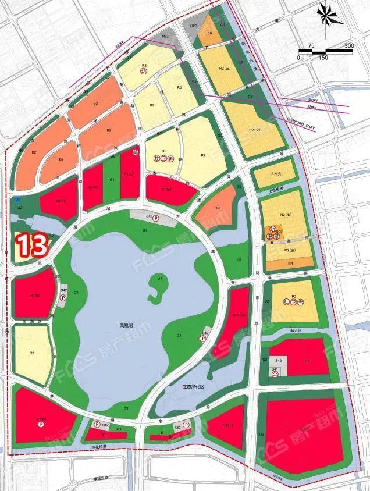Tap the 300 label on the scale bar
tap(349, 45)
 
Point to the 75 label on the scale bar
tap(311, 45)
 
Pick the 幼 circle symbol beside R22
tap(271, 231)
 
